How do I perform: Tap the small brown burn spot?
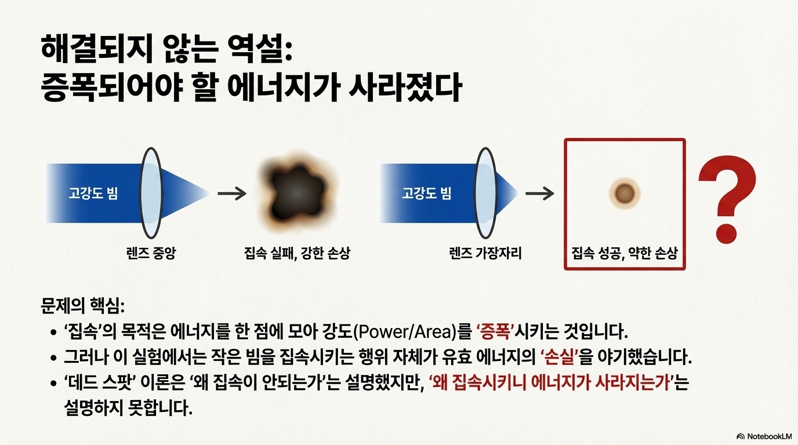pyautogui.click(x=625, y=192)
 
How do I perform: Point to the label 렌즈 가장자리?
pyautogui.click(x=485, y=253)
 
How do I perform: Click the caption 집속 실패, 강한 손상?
pyautogui.click(x=297, y=253)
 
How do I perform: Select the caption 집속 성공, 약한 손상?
pyautogui.click(x=625, y=253)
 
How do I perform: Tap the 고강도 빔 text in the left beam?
pyautogui.click(x=93, y=193)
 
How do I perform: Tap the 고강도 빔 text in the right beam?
pyautogui.click(x=426, y=193)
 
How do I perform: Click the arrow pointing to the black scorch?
pyautogui.click(x=231, y=193)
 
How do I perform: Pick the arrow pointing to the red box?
pyautogui.click(x=539, y=193)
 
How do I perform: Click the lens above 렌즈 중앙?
pyautogui.click(x=151, y=192)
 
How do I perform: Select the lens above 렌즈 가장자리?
pyautogui.click(x=485, y=192)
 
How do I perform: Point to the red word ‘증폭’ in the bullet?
pyautogui.click(x=495, y=333)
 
